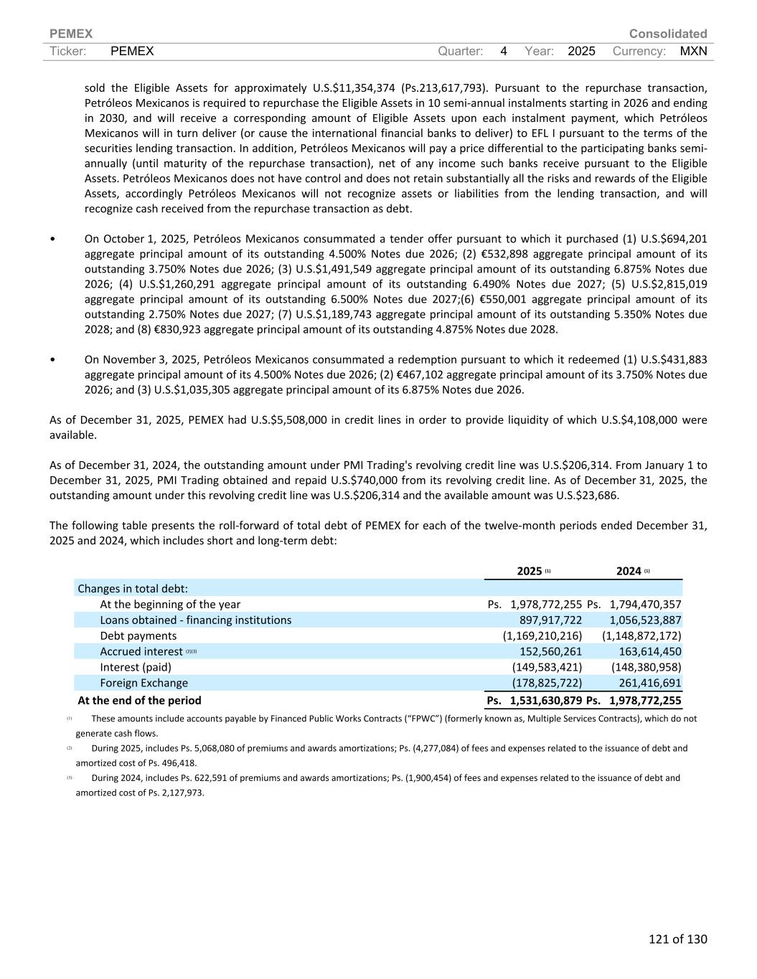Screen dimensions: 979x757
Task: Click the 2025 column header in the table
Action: [x=530, y=571]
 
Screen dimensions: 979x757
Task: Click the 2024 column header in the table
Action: [x=629, y=571]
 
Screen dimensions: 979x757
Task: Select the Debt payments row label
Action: [x=138, y=635]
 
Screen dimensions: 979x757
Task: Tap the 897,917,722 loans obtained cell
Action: [x=550, y=620]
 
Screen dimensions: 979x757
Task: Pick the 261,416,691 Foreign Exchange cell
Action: [x=649, y=683]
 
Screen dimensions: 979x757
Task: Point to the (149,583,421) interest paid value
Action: [x=546, y=667]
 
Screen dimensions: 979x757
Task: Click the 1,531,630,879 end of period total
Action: [x=545, y=700]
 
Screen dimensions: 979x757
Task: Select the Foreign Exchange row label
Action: [x=144, y=683]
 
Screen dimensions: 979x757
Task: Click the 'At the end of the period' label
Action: [x=139, y=700]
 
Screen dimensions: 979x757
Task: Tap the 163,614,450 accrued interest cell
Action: [x=649, y=651]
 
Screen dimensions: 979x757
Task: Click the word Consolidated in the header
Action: [x=667, y=34]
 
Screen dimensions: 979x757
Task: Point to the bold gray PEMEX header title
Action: [x=71, y=34]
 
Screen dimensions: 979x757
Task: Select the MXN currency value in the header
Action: [x=693, y=51]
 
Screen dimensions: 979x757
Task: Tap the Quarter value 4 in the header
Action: [x=504, y=51]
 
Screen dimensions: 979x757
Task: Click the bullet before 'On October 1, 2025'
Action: [x=53, y=239]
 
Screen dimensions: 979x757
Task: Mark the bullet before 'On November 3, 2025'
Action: [x=53, y=359]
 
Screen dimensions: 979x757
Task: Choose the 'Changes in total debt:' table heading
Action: [x=133, y=588]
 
